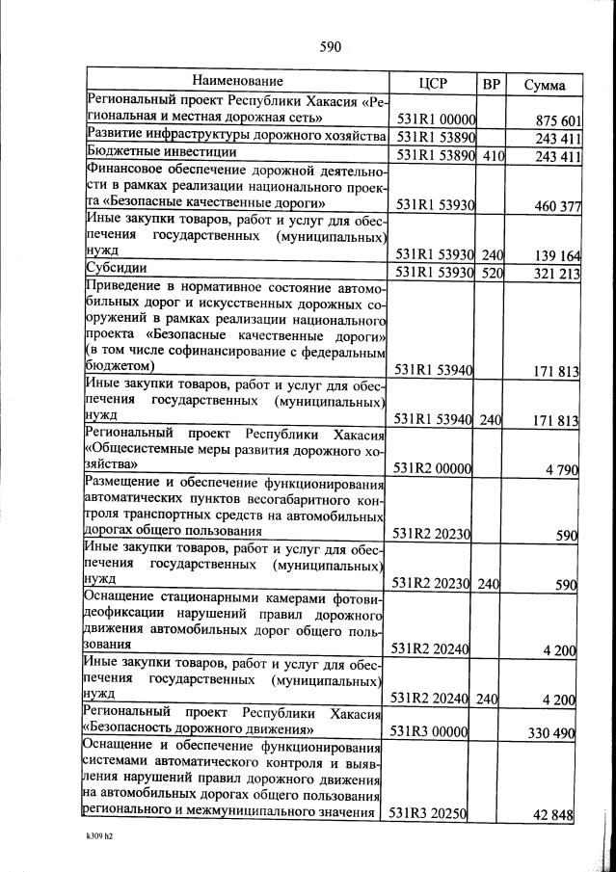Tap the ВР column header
pos(492,83)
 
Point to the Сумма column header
pos(544,85)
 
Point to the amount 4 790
pos(560,469)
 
